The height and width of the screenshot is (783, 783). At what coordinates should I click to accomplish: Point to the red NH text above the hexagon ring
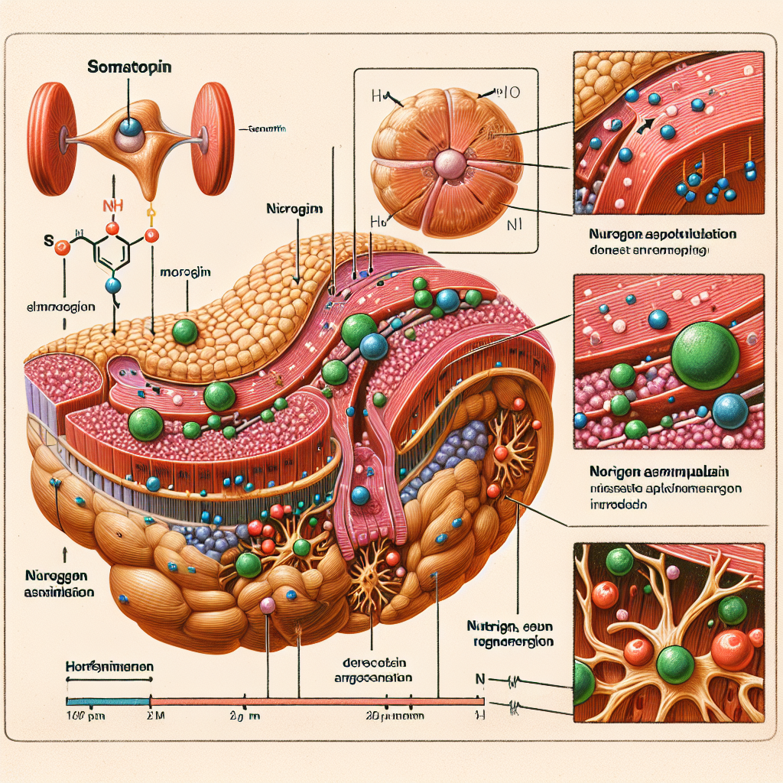click(x=112, y=205)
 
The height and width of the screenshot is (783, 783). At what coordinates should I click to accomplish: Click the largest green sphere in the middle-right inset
click(x=705, y=353)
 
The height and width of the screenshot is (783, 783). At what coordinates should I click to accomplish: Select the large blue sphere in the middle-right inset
click(x=729, y=411)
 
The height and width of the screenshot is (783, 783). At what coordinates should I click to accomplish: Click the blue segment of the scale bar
click(x=108, y=700)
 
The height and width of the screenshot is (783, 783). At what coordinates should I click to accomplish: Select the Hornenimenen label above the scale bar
click(x=107, y=667)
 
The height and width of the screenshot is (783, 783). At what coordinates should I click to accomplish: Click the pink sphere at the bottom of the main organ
click(x=268, y=606)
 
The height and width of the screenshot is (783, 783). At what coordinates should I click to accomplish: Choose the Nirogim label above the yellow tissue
click(x=295, y=208)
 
